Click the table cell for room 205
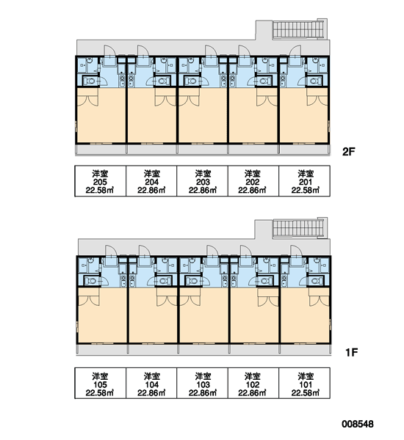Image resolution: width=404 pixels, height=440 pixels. point(101,181)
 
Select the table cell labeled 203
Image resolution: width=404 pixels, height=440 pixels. point(203,181)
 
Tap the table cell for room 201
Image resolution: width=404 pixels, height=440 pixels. point(305,181)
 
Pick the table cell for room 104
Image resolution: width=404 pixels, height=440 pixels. point(151,383)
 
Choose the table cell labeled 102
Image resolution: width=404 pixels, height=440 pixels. point(253,383)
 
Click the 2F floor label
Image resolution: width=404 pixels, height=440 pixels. point(349,152)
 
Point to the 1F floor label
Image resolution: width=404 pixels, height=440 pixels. point(351,352)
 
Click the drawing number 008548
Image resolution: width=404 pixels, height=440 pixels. point(358,424)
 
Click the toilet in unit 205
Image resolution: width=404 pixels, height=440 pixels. point(90,81)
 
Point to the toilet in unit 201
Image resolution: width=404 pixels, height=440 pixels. point(315,81)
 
